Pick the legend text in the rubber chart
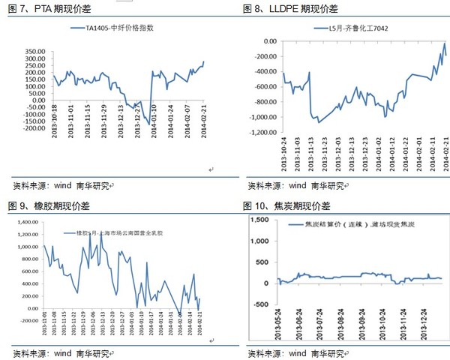click(119, 232)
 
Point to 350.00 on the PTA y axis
click(36, 51)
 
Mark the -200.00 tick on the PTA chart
click(34, 129)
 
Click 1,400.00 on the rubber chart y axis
click(26, 222)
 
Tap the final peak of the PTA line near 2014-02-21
click(204, 62)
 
